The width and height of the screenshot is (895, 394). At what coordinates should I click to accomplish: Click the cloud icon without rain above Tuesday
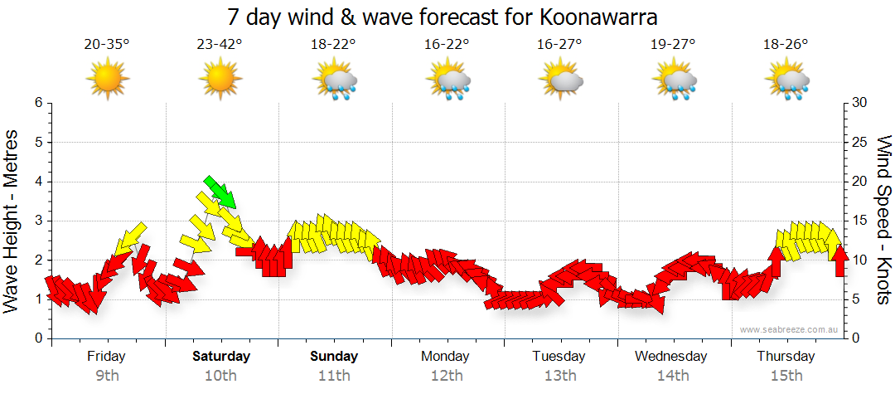(x=561, y=80)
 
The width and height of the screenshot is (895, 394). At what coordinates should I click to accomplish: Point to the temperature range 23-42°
(x=220, y=45)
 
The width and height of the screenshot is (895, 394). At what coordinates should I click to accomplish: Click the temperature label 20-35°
(x=107, y=45)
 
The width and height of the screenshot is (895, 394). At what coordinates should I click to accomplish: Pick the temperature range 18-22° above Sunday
(x=334, y=45)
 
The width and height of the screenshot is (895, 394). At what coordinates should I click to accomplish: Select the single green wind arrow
(x=220, y=192)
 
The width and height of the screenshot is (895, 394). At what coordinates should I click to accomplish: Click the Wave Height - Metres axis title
(x=12, y=220)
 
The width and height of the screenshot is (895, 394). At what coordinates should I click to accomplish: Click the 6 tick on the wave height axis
(x=37, y=103)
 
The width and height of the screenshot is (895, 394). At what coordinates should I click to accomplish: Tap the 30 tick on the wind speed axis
(x=860, y=103)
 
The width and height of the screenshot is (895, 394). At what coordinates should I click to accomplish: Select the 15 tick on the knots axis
(x=860, y=221)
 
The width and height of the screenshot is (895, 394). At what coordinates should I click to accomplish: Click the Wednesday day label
(x=671, y=357)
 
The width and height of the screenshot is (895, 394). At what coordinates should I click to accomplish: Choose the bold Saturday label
(x=221, y=357)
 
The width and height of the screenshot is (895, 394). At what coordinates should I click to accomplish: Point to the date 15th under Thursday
(x=786, y=376)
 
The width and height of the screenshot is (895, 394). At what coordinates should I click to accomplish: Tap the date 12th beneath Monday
(x=447, y=376)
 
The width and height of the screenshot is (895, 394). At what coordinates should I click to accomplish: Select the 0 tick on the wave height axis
(x=37, y=338)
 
